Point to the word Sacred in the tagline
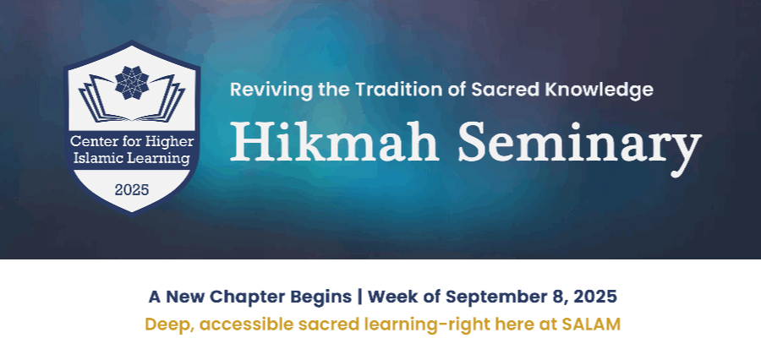(x=506, y=90)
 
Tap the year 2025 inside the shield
(x=132, y=189)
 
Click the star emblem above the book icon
(x=132, y=83)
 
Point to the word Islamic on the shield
(x=92, y=158)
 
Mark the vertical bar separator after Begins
(x=359, y=297)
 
